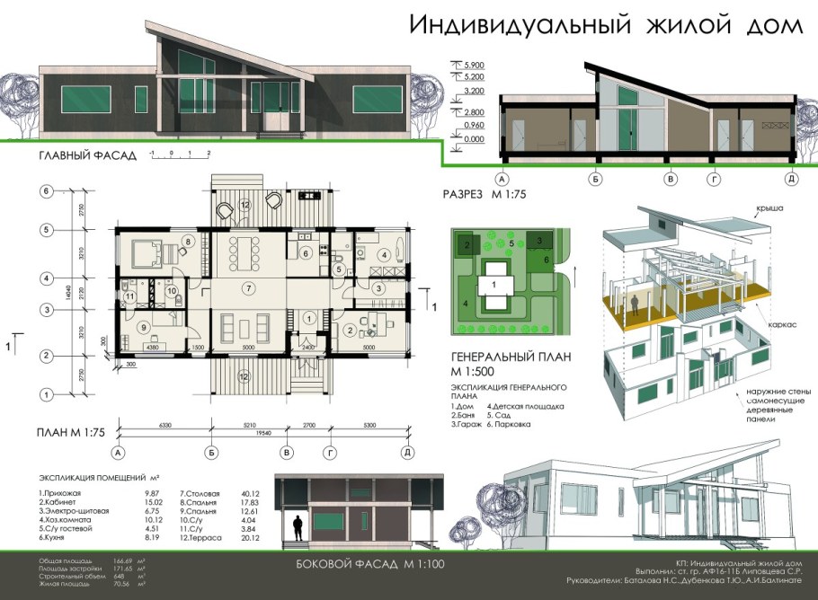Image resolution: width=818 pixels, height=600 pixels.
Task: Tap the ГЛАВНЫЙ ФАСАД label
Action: click(88, 155)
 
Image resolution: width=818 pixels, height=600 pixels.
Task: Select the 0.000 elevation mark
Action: click(473, 139)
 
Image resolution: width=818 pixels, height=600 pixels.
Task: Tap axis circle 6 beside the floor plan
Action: click(43, 190)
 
